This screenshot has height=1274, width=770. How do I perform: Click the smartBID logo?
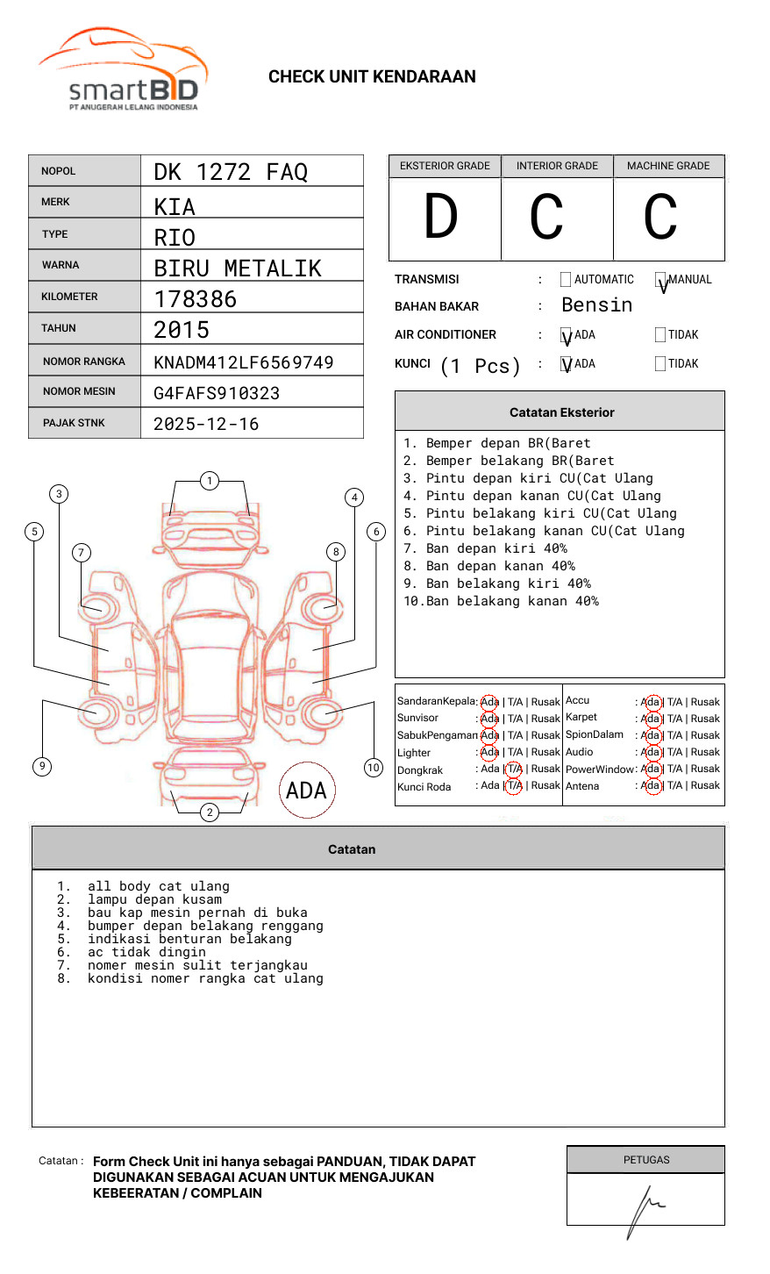click(x=123, y=70)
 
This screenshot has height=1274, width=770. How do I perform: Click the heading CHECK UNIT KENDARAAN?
click(x=372, y=77)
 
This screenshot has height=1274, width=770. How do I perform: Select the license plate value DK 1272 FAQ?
click(x=231, y=172)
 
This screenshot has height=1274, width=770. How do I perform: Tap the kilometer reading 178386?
click(x=196, y=299)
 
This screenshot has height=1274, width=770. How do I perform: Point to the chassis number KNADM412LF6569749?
click(x=244, y=362)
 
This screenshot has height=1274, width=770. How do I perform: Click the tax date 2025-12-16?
click(x=206, y=424)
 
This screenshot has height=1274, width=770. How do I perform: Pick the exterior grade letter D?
click(x=441, y=217)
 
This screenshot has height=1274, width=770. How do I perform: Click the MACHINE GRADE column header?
click(x=668, y=166)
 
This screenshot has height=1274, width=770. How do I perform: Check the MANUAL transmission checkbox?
click(x=660, y=281)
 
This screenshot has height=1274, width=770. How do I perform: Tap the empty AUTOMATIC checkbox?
click(x=566, y=280)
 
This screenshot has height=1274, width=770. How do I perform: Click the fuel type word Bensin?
click(x=596, y=305)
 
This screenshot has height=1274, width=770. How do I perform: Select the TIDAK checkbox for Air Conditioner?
click(x=660, y=335)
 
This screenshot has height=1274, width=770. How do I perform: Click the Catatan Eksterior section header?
click(x=561, y=412)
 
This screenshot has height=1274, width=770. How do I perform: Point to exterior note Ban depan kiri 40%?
click(x=496, y=548)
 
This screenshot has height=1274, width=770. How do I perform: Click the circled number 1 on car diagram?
click(x=209, y=481)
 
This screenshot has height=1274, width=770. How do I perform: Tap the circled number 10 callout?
click(x=374, y=768)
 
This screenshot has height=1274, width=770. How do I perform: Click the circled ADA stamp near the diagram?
click(x=307, y=791)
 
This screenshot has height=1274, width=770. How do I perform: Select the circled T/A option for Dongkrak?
click(x=515, y=769)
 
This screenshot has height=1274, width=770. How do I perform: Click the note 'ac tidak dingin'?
click(x=146, y=952)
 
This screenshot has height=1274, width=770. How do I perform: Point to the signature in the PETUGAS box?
click(x=645, y=1208)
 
